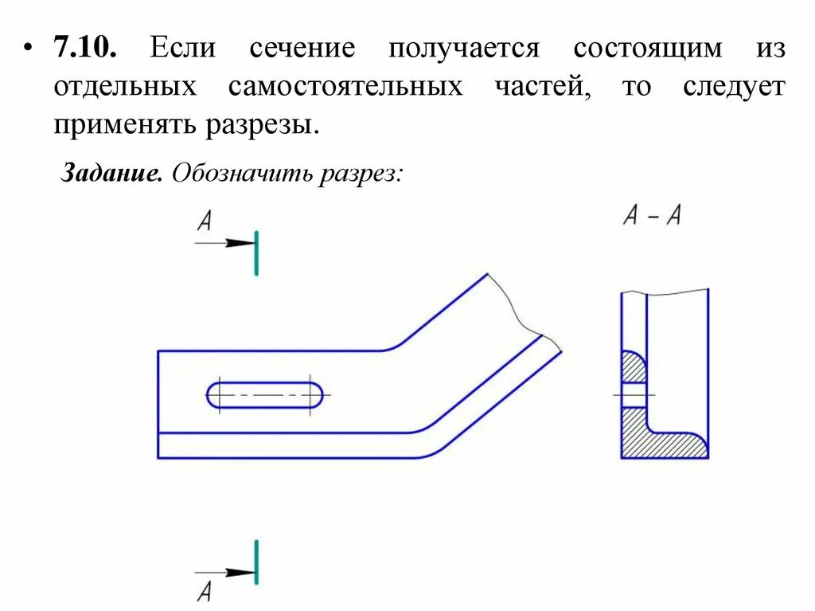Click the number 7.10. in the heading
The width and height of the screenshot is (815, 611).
(x=85, y=48)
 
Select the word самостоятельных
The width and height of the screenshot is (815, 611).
(x=345, y=87)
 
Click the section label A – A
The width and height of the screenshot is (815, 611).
(x=652, y=216)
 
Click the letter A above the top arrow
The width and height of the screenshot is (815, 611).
(x=205, y=221)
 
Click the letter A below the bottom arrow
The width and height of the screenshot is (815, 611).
(x=205, y=591)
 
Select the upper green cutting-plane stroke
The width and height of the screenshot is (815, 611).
(x=256, y=253)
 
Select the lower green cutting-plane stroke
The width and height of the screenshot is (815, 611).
(x=256, y=561)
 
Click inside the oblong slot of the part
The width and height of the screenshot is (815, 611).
(x=266, y=395)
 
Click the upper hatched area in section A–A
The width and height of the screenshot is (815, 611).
(x=633, y=368)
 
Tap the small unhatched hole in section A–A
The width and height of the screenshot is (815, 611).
(x=633, y=395)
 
